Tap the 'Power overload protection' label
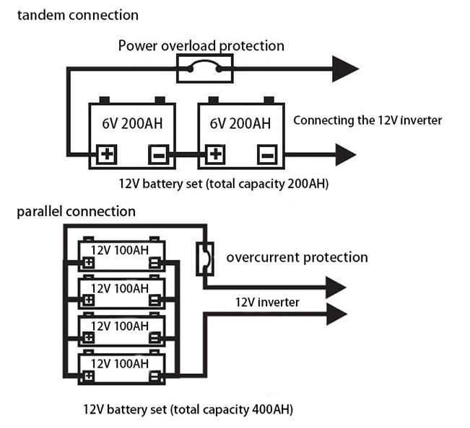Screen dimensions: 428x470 201,46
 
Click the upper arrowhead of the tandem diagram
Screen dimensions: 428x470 344,69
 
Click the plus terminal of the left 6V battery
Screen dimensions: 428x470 108,154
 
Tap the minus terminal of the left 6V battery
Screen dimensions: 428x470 158,154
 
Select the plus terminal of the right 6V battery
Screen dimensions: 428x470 215,154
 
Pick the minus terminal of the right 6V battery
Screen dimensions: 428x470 266,154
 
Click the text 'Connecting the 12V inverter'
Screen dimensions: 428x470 367,120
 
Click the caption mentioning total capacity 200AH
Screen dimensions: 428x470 224,184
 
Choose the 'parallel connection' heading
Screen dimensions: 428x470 76,212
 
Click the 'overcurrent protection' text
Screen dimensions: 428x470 297,257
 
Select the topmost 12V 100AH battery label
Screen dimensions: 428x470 120,249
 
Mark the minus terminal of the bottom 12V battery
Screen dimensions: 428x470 154,375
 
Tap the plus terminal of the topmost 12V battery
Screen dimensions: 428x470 88,262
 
